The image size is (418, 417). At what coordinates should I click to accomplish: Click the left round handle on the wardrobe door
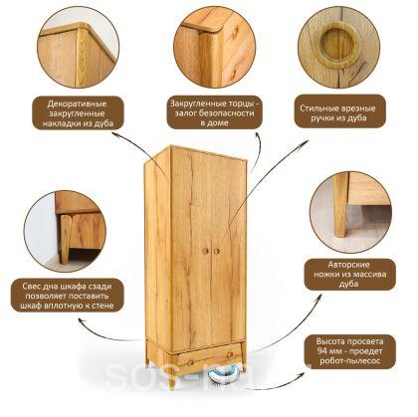click(x=205, y=251)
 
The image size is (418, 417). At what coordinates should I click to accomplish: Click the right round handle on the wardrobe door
click(x=217, y=251)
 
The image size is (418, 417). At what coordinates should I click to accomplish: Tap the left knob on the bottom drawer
click(x=191, y=362)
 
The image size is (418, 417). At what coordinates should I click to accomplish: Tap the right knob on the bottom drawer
click(x=230, y=354)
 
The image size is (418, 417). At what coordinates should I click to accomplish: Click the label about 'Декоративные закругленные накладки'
click(x=78, y=113)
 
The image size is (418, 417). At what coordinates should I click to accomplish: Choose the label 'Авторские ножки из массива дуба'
click(x=350, y=274)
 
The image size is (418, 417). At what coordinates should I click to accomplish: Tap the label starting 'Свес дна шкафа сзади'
click(x=67, y=296)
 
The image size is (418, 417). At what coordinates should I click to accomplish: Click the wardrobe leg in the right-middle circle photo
click(x=340, y=205)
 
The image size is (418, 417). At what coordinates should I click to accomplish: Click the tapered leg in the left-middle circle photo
click(x=65, y=238)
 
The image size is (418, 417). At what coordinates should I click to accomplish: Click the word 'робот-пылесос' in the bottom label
click(x=350, y=360)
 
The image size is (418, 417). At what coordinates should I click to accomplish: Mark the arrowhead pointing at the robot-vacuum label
click(x=301, y=374)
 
